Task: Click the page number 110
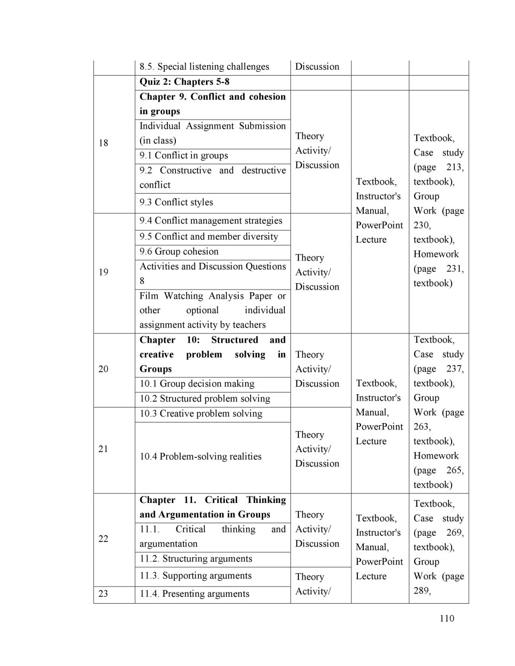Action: click(x=446, y=618)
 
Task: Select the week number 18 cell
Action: click(x=104, y=143)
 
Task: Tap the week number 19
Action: click(x=104, y=272)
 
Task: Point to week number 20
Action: click(x=104, y=369)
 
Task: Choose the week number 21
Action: click(x=104, y=449)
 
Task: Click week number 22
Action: click(x=104, y=538)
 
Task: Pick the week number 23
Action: click(x=104, y=594)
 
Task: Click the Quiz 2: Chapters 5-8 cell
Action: click(x=185, y=82)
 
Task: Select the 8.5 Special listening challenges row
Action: click(x=204, y=66)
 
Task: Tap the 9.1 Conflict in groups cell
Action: click(x=184, y=156)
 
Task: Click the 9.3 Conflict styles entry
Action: click(x=176, y=202)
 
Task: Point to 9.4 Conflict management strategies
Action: click(x=211, y=220)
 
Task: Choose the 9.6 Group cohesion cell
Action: click(x=179, y=251)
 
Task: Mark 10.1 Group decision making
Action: click(x=197, y=383)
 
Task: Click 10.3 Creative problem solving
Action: click(x=201, y=413)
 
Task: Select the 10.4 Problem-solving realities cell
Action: click(x=201, y=456)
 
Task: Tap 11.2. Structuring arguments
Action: click(x=196, y=558)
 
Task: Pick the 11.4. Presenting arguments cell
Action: click(x=195, y=594)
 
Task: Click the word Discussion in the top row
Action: click(x=317, y=66)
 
